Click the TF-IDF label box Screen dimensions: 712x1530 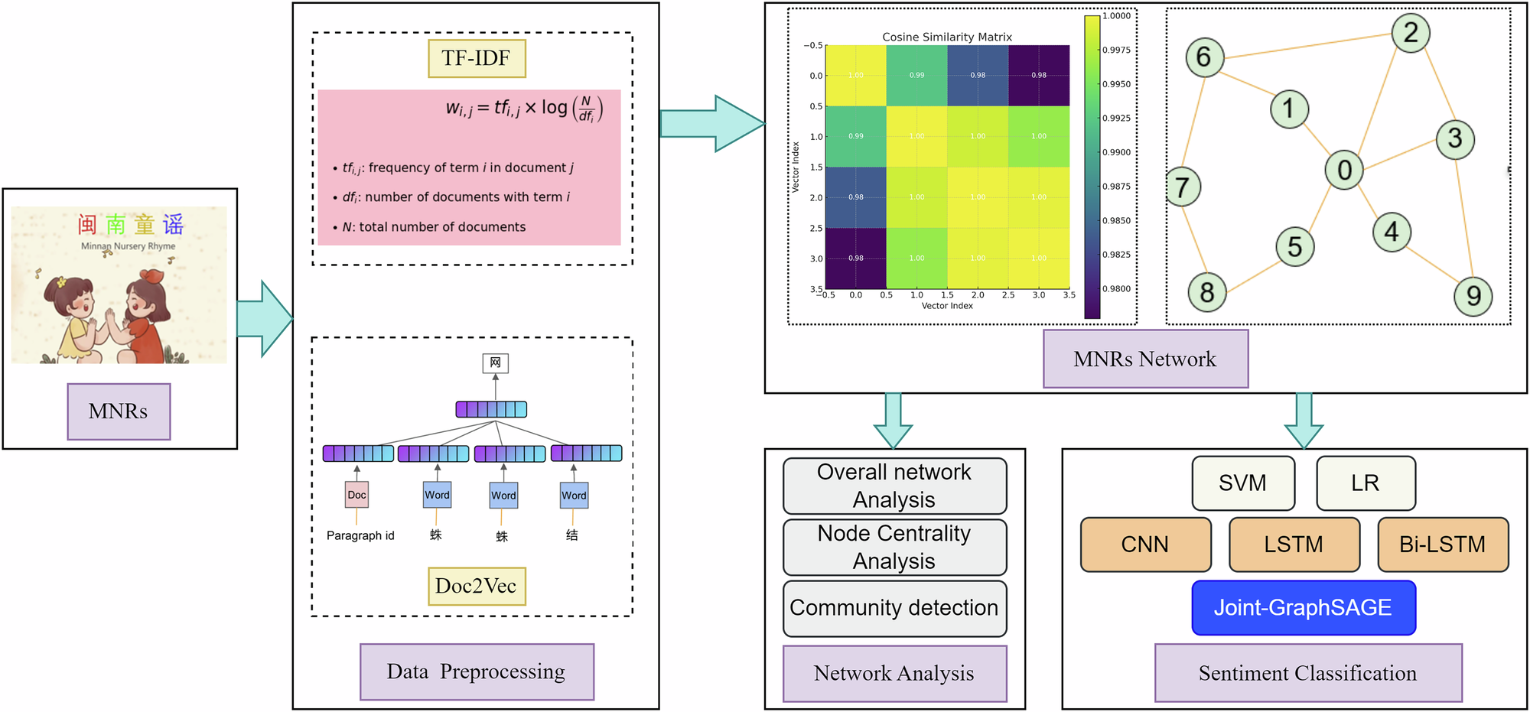click(477, 59)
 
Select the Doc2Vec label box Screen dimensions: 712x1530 click(477, 586)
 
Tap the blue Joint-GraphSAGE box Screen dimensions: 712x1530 click(1304, 608)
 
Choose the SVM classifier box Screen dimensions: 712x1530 click(1243, 483)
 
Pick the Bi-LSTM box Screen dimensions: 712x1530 click(1443, 545)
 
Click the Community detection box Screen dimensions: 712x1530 click(894, 608)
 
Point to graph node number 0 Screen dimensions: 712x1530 click(1344, 170)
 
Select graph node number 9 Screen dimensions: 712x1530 click(1473, 296)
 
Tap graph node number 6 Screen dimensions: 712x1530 click(1204, 57)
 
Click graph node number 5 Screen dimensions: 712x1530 click(1294, 247)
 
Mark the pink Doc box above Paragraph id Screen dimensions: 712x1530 click(356, 495)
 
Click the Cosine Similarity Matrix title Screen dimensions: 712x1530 click(947, 37)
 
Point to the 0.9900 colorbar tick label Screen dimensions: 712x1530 click(1117, 152)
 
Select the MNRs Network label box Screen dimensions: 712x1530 click(1145, 359)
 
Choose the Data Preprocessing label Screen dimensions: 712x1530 click(477, 671)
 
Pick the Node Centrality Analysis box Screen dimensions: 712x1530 click(894, 547)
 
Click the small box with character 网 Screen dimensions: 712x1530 click(495, 363)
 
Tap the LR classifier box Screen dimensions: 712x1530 click(1366, 483)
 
